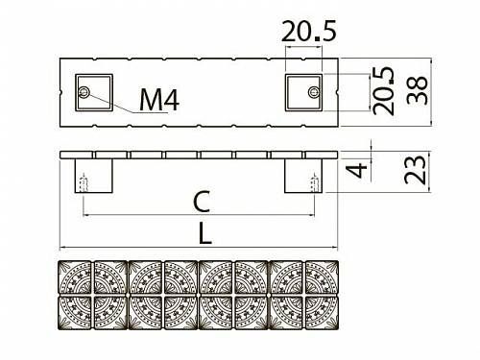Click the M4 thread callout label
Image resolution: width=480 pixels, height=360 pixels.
click(159, 99)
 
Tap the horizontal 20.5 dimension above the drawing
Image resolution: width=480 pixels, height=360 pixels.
click(309, 31)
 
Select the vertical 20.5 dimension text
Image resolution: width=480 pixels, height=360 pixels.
click(383, 90)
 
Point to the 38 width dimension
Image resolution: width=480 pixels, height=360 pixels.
click(417, 90)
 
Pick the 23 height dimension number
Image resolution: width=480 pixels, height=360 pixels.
click(415, 170)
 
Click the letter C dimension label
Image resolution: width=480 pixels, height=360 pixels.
click(202, 202)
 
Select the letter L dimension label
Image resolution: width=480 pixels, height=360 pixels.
click(205, 233)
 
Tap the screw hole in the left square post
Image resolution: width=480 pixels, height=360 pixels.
click(84, 92)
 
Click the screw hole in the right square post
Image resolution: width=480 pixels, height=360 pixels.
click(314, 92)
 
